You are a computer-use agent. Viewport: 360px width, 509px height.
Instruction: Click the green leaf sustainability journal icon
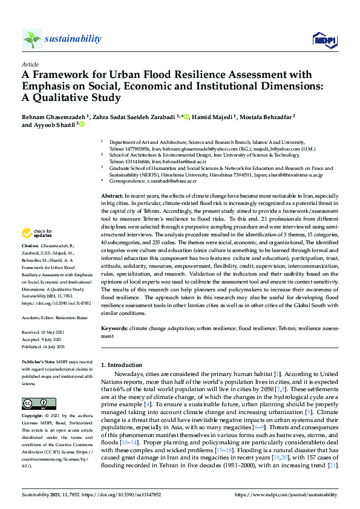(31, 39)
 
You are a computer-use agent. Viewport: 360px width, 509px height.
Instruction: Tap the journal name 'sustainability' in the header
(73, 39)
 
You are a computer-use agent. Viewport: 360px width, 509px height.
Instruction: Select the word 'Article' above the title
(30, 63)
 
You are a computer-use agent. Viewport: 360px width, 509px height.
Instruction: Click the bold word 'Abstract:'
(112, 197)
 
